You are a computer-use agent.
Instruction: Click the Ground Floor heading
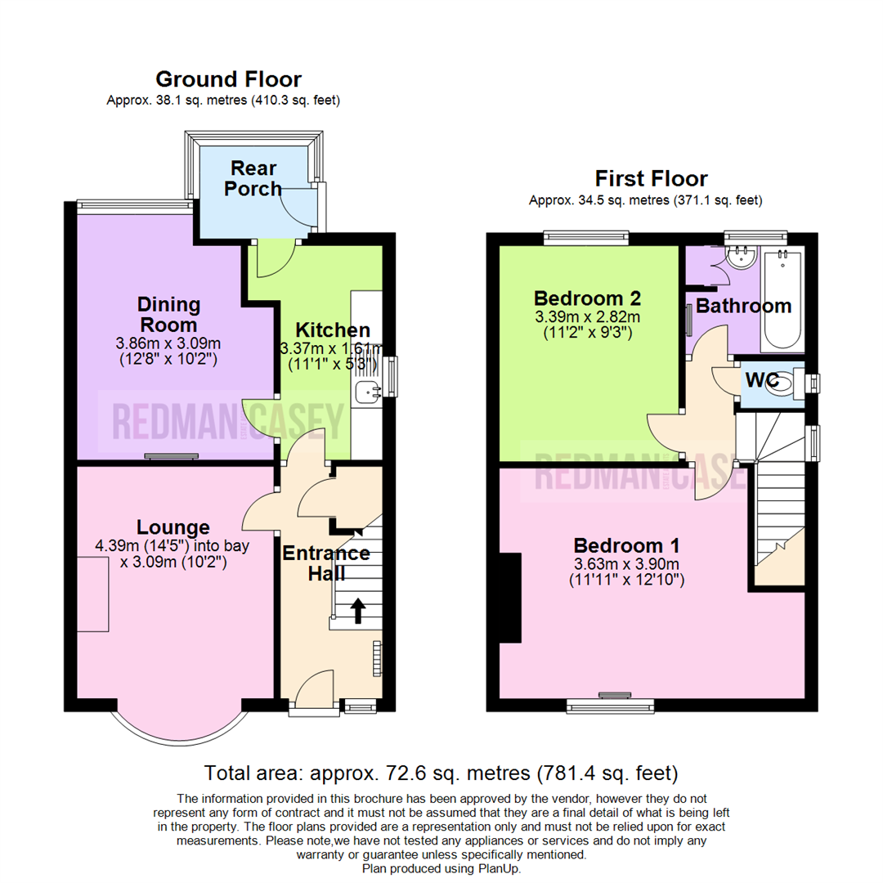click(x=228, y=79)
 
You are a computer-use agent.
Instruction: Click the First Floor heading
click(x=651, y=178)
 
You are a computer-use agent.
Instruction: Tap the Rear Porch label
click(x=253, y=178)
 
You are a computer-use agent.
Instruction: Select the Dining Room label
click(x=168, y=315)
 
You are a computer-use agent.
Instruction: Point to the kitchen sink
click(x=369, y=392)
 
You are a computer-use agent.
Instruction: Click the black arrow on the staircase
click(x=357, y=609)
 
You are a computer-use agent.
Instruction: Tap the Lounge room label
click(x=173, y=528)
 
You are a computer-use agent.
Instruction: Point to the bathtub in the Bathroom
click(x=782, y=303)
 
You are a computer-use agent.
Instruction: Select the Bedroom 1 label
click(x=626, y=545)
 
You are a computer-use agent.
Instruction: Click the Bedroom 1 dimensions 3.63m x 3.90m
click(x=626, y=564)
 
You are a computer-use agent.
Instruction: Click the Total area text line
click(x=441, y=772)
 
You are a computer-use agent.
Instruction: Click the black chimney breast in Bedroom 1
click(x=510, y=597)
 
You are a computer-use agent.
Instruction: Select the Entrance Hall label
click(x=326, y=563)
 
